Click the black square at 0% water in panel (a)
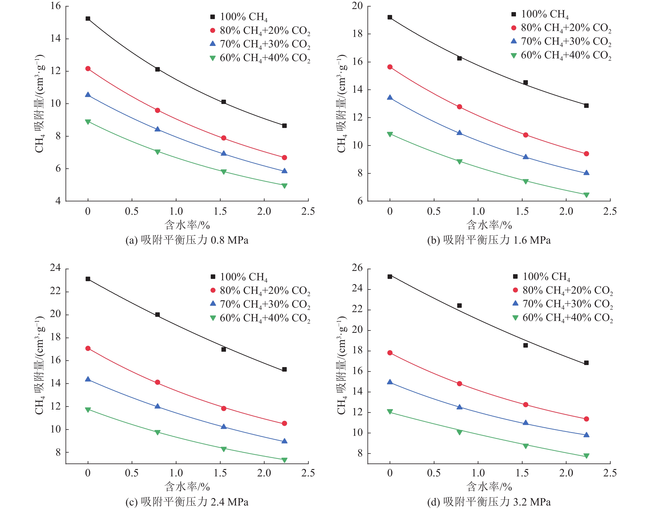(x=88, y=18)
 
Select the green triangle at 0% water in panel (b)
(x=390, y=134)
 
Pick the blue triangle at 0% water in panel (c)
(x=88, y=379)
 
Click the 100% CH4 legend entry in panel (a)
(x=239, y=17)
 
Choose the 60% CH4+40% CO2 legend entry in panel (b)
(x=561, y=55)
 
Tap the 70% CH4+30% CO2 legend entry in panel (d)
(x=563, y=304)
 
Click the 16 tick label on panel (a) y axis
(x=55, y=6)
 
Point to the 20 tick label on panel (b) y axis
(x=357, y=6)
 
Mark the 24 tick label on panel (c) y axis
(x=55, y=268)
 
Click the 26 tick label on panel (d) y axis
(x=357, y=268)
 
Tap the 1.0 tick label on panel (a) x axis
(x=176, y=211)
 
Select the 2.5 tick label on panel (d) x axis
(x=610, y=473)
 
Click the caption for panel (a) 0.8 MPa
(x=187, y=240)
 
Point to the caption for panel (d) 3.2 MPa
(x=489, y=502)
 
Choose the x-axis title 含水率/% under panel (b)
(x=489, y=225)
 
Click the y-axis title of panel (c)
(x=39, y=365)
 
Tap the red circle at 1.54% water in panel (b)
(x=526, y=135)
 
